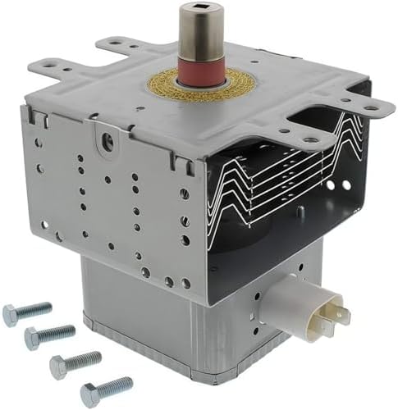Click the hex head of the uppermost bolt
click(11, 314)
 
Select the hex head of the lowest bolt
click(89, 391)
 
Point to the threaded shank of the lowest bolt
click(116, 385)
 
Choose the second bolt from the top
click(49, 334)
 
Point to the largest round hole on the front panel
click(108, 140)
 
